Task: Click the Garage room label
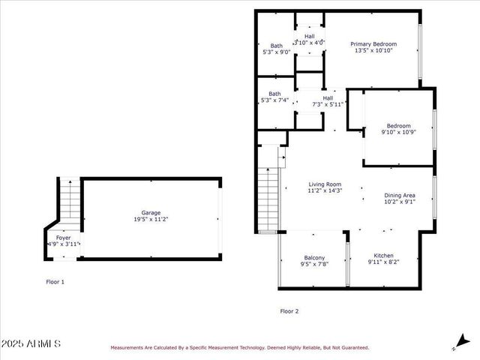click(x=151, y=212)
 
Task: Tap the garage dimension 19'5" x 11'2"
click(x=151, y=220)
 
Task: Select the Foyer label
click(x=63, y=237)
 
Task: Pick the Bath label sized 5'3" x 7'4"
click(x=274, y=94)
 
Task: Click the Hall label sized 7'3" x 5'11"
click(x=328, y=97)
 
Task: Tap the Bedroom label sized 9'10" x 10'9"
click(x=398, y=125)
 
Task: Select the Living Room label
click(x=325, y=184)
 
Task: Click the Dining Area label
click(x=399, y=194)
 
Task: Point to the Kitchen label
click(x=383, y=255)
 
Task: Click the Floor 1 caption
click(x=55, y=282)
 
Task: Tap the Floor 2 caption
click(x=289, y=310)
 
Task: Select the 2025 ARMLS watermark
click(x=31, y=343)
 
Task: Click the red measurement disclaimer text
click(x=240, y=347)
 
